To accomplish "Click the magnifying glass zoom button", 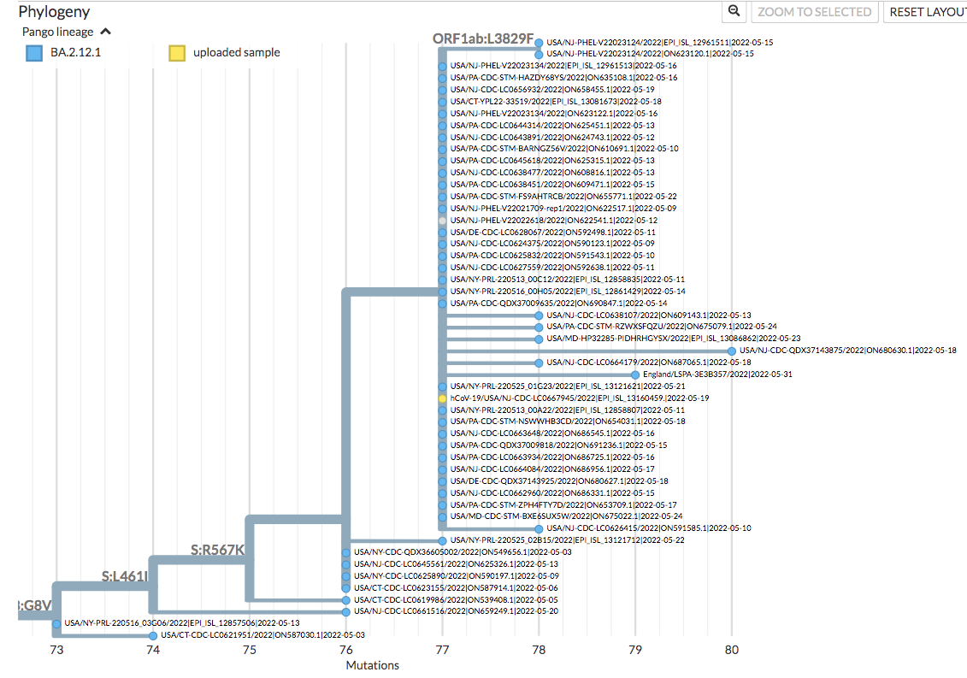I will point(734,11).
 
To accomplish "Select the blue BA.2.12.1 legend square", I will point(33,53).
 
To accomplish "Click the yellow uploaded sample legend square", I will point(176,53).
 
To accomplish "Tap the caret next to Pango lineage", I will point(105,32).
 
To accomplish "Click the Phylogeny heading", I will point(54,12).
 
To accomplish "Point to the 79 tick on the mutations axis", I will point(635,650).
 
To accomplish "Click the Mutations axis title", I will point(372,665).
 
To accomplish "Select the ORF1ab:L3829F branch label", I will point(483,39).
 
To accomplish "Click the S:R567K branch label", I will point(217,548).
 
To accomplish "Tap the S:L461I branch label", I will point(125,576).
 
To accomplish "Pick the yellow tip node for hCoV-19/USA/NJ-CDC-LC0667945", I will point(442,398).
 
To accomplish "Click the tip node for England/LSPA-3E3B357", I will point(635,374).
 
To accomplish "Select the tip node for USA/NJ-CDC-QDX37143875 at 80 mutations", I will point(732,351).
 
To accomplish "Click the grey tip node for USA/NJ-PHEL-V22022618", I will point(442,221).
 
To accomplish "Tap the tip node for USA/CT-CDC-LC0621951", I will point(153,635).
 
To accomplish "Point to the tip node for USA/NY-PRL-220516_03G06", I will point(56,623).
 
